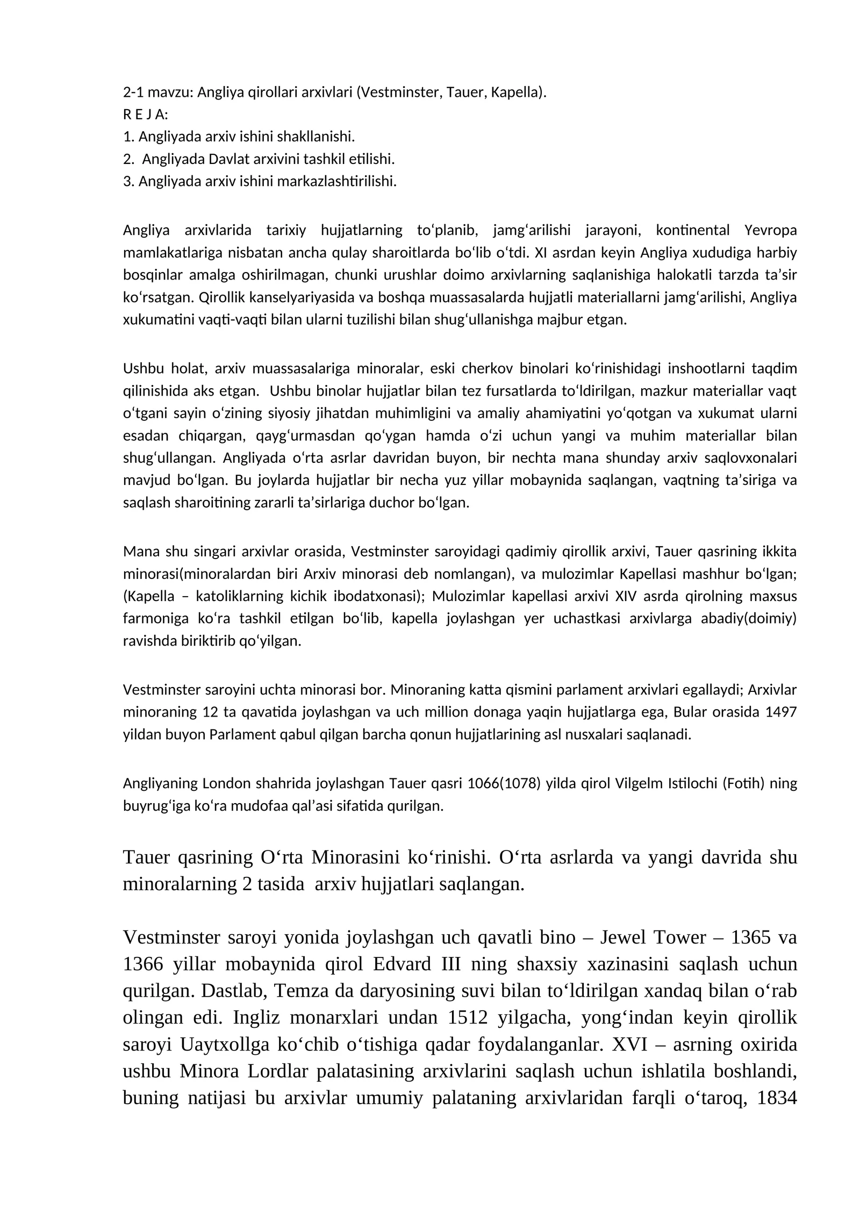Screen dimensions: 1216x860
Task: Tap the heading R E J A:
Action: pyautogui.click(x=146, y=115)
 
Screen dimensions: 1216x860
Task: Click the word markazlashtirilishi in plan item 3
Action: pyautogui.click(x=337, y=181)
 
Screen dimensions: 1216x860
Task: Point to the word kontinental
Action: pyautogui.click(x=693, y=231)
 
